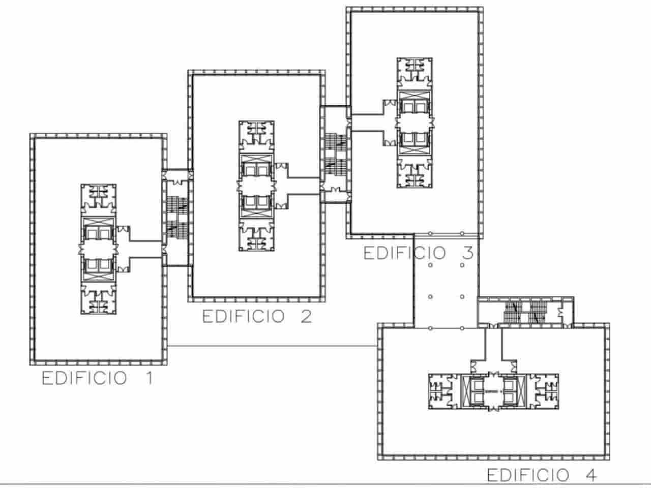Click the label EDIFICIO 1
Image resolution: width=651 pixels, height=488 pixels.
tap(97, 379)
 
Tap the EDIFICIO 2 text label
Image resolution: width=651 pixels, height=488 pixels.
tap(257, 316)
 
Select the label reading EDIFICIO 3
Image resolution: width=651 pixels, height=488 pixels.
tap(418, 253)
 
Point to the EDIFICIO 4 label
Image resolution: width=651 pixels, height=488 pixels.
tap(542, 475)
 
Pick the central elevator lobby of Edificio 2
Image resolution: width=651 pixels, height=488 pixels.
tap(257, 186)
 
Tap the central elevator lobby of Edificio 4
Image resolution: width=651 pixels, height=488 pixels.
tap(492, 391)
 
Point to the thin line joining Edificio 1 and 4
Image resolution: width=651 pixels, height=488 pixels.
tap(272, 347)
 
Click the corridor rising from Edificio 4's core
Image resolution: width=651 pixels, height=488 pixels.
tap(493, 346)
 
